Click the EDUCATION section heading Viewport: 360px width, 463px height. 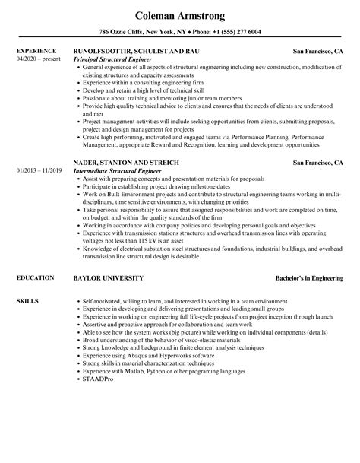coord(35,278)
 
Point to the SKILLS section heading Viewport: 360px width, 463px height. coord(27,301)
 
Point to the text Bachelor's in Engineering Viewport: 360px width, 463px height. coord(308,278)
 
